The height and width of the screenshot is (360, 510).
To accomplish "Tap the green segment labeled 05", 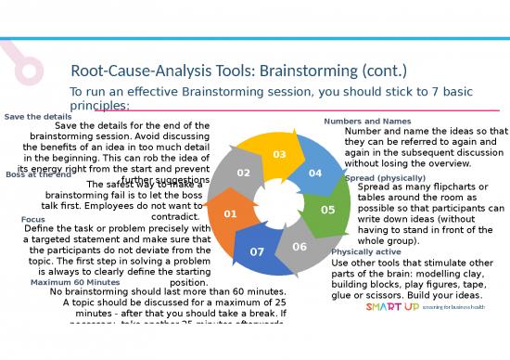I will (x=326, y=210).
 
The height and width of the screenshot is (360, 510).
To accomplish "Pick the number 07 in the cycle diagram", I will (x=258, y=251).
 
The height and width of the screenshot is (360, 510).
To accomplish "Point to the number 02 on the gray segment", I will (x=242, y=174).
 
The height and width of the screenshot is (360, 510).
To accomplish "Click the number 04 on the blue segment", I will (x=314, y=174).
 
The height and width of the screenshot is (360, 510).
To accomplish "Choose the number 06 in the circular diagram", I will (x=299, y=247).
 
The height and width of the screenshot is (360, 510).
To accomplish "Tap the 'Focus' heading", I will (x=33, y=220).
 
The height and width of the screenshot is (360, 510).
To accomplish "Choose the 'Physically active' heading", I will (x=366, y=251).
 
